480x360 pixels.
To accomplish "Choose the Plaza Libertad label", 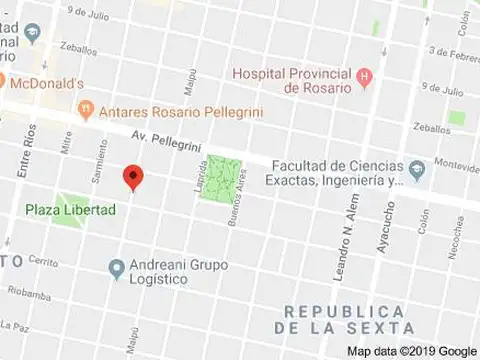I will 70,210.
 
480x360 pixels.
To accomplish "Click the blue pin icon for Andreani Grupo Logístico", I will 117,267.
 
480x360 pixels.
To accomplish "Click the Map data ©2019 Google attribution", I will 411,351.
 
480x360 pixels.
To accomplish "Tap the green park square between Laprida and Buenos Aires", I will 225,175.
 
